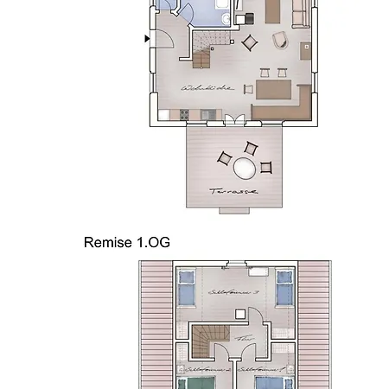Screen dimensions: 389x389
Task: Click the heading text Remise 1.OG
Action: click(x=127, y=243)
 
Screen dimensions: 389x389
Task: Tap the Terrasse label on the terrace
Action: click(x=233, y=190)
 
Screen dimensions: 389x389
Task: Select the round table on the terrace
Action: click(x=246, y=166)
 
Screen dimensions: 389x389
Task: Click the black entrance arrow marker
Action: click(x=147, y=38)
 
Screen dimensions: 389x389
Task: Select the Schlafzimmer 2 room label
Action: click(x=207, y=369)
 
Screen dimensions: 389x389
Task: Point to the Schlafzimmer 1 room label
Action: click(x=257, y=369)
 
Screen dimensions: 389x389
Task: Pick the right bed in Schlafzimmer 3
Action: click(x=284, y=288)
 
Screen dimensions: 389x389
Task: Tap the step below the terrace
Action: click(x=233, y=210)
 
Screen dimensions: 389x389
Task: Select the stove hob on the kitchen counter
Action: click(x=184, y=115)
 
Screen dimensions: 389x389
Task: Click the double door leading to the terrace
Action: click(x=228, y=120)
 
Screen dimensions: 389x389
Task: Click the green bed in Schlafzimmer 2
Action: click(x=188, y=381)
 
